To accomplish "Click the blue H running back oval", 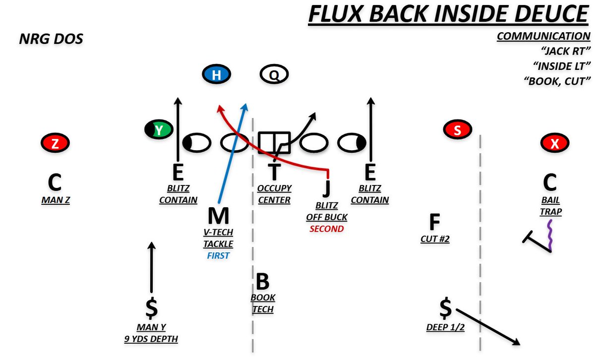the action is [216, 74].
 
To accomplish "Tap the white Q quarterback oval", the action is [274, 74].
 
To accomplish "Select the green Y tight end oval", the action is [159, 129].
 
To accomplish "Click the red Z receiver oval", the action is [55, 143].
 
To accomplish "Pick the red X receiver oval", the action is [555, 143].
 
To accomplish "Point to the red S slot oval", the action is [457, 129].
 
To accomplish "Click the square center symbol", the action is [274, 143].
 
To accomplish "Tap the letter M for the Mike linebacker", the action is [218, 216].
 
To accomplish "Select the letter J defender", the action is [327, 188].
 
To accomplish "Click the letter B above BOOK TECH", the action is [262, 281].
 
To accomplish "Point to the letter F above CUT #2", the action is [434, 222].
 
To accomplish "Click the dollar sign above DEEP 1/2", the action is [445, 308].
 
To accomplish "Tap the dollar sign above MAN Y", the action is [152, 308].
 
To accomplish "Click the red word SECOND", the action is [326, 229].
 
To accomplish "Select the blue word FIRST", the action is [218, 255].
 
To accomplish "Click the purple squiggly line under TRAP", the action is [550, 236].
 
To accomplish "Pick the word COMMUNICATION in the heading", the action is [543, 36].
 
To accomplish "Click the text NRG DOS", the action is [51, 39].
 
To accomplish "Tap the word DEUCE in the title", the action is [551, 14].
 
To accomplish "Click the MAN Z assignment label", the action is [56, 200].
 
